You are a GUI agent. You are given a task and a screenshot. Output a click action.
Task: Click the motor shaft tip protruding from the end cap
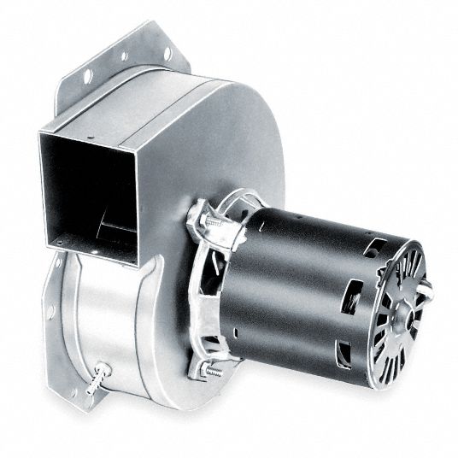pos(425,292)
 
